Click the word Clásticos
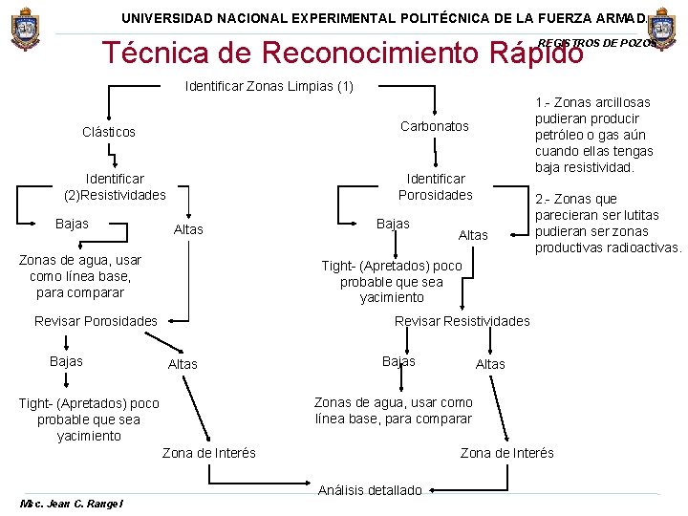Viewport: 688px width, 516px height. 109,132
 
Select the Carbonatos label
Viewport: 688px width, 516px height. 435,126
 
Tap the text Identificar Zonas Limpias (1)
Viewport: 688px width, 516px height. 269,87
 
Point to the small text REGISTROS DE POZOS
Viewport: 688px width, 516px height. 598,43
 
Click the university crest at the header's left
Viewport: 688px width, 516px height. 26,31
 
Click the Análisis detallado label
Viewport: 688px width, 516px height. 370,490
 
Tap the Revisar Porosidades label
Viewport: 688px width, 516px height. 96,321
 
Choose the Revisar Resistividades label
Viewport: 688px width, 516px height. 462,321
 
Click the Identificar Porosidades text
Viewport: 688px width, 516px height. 436,186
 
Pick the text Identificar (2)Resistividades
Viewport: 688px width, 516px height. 115,186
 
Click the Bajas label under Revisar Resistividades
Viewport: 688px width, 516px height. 398,361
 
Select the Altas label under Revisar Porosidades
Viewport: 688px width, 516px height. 183,364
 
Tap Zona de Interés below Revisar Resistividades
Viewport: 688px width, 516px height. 507,453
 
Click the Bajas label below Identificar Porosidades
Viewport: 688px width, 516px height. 393,224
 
